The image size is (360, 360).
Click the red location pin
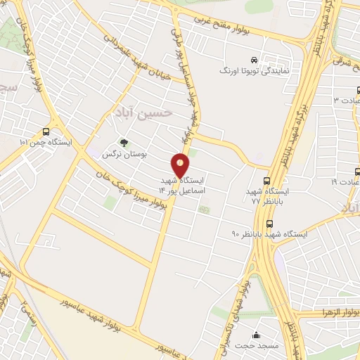point(181,166)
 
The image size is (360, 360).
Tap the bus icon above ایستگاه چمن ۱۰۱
point(46,131)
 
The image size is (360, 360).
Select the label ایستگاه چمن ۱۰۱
point(46,143)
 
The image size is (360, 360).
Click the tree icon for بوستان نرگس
point(124,143)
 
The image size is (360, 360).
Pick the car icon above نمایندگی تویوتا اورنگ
point(253,60)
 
